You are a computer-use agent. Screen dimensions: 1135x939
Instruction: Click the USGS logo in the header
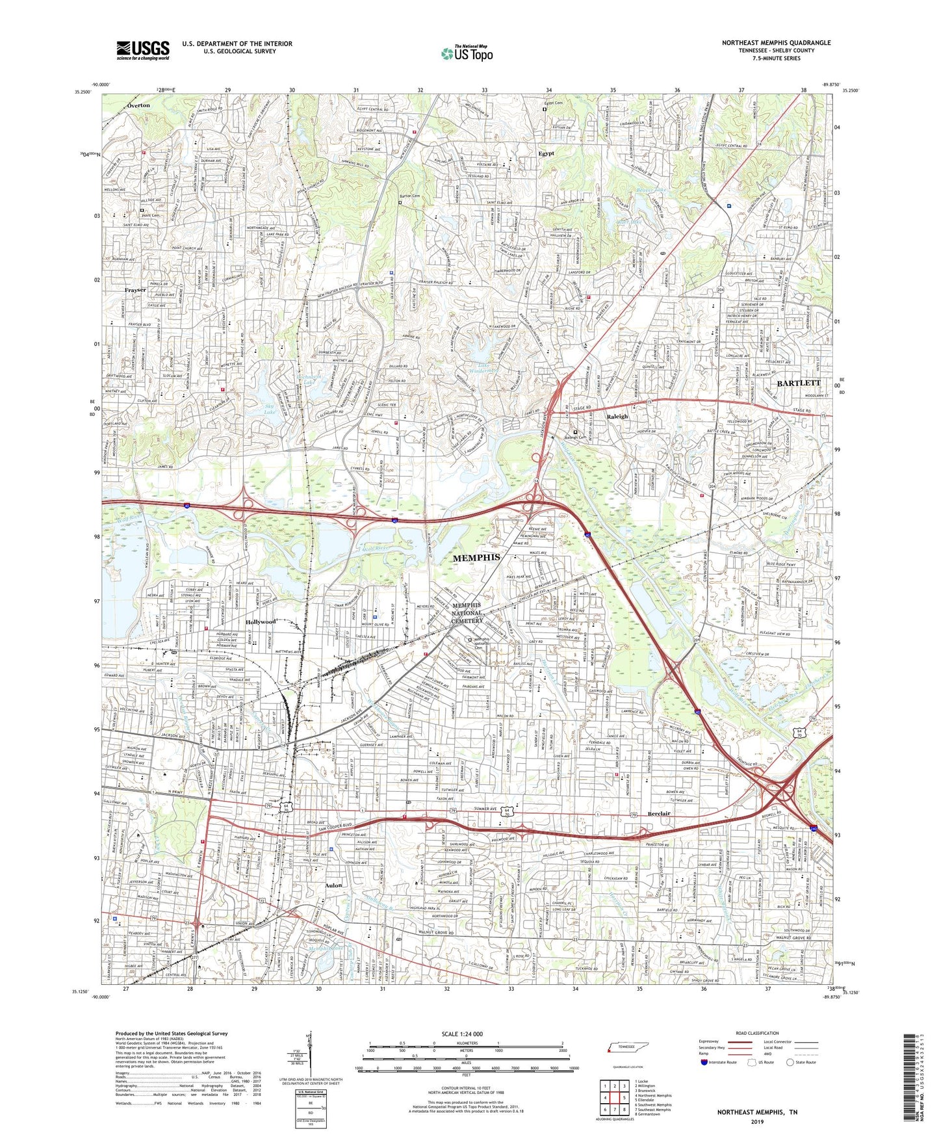143,49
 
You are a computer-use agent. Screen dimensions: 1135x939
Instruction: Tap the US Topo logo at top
467,54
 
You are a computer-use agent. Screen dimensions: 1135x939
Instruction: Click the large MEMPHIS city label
476,557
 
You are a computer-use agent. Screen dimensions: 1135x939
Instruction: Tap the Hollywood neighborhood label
261,621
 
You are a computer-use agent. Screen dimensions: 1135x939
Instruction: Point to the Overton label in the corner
138,105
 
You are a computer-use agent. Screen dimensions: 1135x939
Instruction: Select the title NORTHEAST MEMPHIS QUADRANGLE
776,42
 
